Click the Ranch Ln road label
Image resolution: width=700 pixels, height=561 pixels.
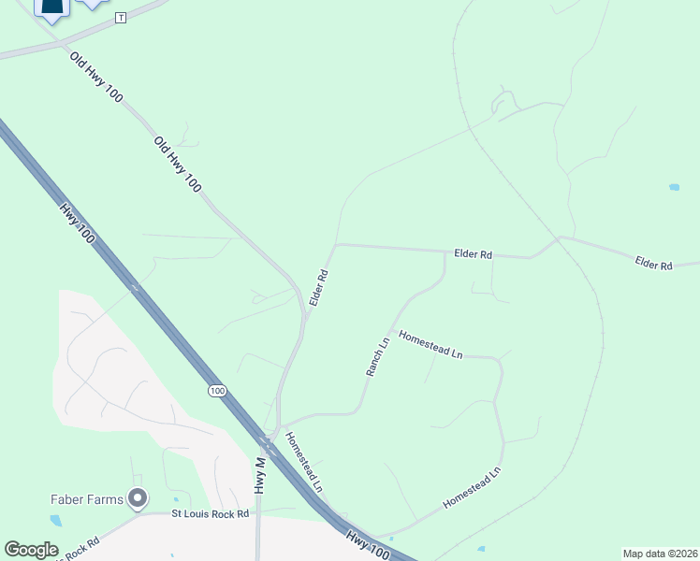click(376, 357)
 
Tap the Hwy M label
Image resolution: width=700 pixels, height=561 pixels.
click(259, 475)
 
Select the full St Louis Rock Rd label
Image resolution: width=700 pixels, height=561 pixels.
click(210, 513)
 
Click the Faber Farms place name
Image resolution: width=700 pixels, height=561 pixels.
click(86, 499)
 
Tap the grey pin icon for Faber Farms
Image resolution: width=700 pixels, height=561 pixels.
click(139, 498)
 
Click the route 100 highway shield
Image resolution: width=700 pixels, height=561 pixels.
click(217, 390)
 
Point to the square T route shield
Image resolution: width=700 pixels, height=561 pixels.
click(120, 18)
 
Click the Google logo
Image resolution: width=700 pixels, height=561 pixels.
click(31, 550)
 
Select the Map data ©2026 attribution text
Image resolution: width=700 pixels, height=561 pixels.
click(660, 554)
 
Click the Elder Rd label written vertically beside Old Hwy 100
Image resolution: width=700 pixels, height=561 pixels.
click(318, 288)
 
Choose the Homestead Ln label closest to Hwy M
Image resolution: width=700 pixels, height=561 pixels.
click(304, 461)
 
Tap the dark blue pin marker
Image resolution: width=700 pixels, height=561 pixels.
click(51, 8)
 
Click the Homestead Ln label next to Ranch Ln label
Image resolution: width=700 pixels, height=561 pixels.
click(430, 344)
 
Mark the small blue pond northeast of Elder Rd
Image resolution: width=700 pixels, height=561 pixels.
click(674, 187)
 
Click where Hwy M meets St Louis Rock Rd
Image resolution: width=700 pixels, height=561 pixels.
click(258, 513)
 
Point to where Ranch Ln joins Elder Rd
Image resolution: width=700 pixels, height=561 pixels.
click(444, 252)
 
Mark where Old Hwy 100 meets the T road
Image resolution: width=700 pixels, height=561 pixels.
click(61, 44)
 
